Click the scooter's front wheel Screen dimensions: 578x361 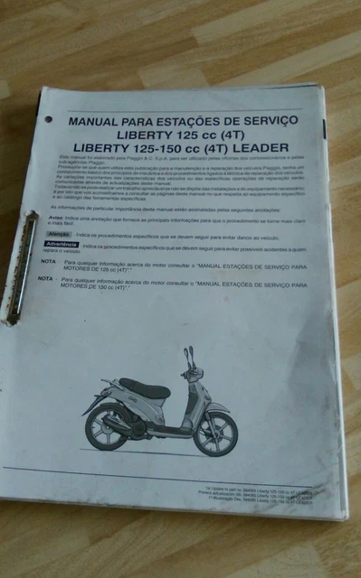215,434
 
